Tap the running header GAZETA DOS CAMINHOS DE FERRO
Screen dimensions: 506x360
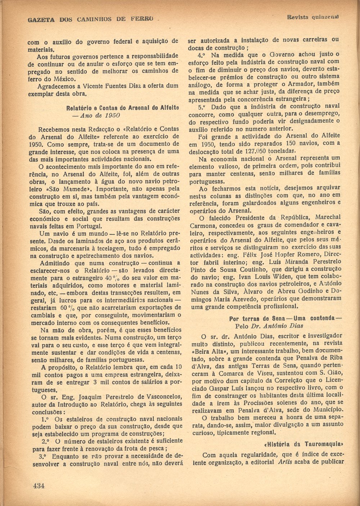[x=91, y=19]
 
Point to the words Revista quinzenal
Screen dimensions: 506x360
[x=313, y=17]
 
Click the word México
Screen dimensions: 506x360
[x=64, y=79]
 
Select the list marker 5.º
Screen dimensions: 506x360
[x=203, y=107]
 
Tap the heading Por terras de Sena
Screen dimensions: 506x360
[x=259, y=319]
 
